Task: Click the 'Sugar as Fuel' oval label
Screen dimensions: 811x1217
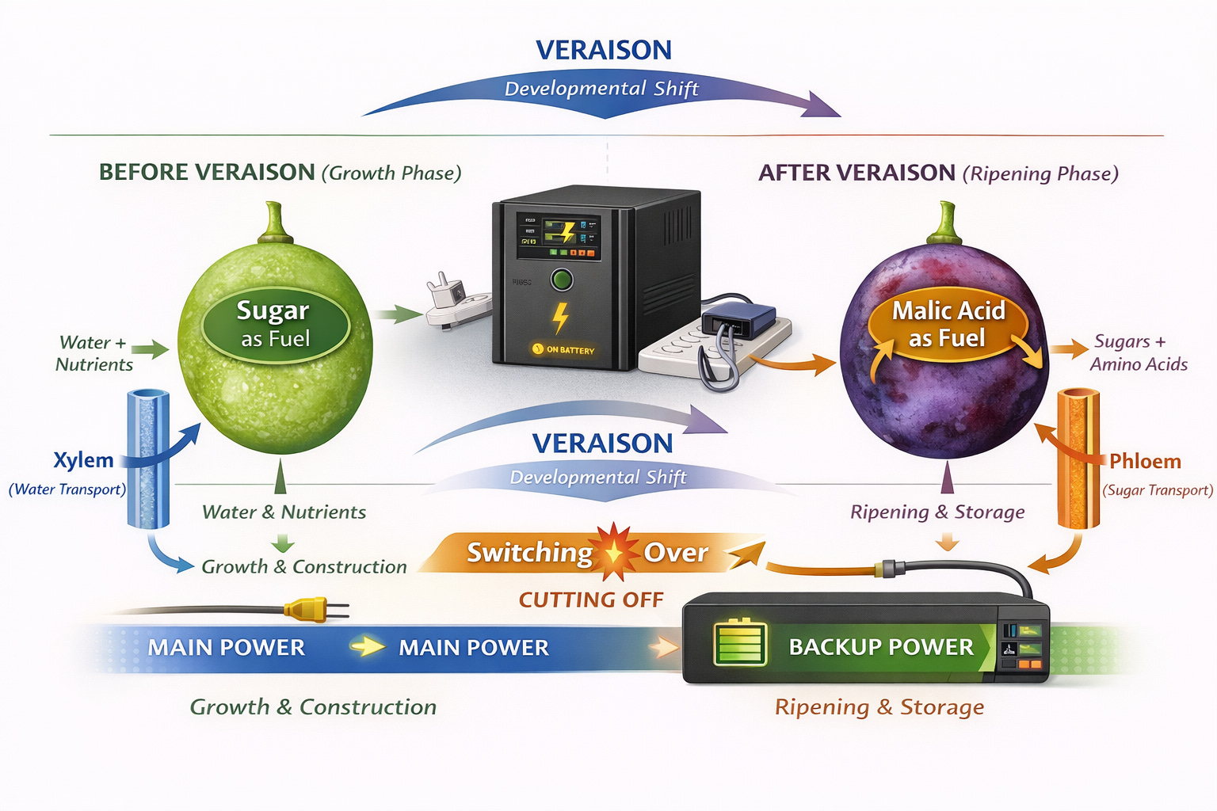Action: click(275, 324)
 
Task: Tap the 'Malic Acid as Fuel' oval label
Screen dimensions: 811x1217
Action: click(948, 324)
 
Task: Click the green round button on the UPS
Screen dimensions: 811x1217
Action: click(562, 280)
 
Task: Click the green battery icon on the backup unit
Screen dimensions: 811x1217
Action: click(740, 643)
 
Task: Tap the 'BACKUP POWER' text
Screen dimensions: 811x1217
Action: click(881, 647)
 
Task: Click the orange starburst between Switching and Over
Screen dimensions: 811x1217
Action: click(616, 552)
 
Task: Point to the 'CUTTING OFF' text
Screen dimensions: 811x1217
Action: click(591, 600)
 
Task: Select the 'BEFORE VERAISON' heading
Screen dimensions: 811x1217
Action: click(207, 172)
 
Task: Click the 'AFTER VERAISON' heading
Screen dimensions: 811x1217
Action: click(856, 173)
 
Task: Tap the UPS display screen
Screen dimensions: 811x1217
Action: click(558, 236)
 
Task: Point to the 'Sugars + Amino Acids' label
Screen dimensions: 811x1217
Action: click(1138, 353)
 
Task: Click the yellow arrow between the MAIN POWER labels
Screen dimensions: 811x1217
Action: click(368, 647)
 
